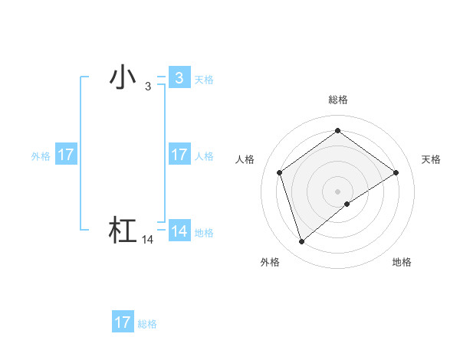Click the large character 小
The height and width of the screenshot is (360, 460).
tap(123, 77)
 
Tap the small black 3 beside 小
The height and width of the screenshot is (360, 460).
tap(147, 87)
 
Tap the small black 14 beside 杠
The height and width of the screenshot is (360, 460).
tap(148, 240)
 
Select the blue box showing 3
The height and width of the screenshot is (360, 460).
tap(179, 77)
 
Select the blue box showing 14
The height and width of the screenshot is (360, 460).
tap(179, 231)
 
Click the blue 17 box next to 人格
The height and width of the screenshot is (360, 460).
tap(179, 155)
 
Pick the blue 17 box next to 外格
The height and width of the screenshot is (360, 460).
tap(66, 155)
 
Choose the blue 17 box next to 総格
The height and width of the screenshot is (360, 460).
tap(122, 322)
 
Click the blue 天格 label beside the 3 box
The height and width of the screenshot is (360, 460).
tap(204, 79)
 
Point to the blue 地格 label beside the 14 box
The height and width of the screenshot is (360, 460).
tap(204, 233)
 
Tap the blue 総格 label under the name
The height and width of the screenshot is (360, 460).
tap(147, 324)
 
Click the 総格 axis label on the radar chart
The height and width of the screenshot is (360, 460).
tap(337, 100)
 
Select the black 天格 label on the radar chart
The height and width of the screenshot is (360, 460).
tap(431, 159)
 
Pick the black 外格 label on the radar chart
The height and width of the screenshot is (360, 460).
tap(270, 262)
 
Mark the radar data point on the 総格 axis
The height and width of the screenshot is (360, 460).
tap(337, 131)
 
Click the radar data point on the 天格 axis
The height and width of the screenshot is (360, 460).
tap(396, 172)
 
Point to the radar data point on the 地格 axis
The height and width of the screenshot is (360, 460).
tap(347, 204)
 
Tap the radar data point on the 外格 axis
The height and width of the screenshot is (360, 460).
tap(301, 242)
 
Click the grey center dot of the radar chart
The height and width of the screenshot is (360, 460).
tap(337, 191)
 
